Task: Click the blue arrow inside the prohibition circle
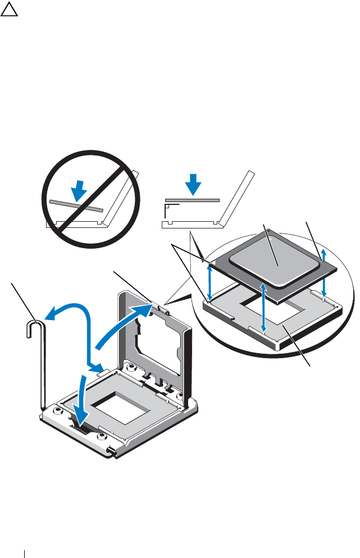click(80, 189)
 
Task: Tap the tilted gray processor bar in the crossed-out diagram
click(76, 205)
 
